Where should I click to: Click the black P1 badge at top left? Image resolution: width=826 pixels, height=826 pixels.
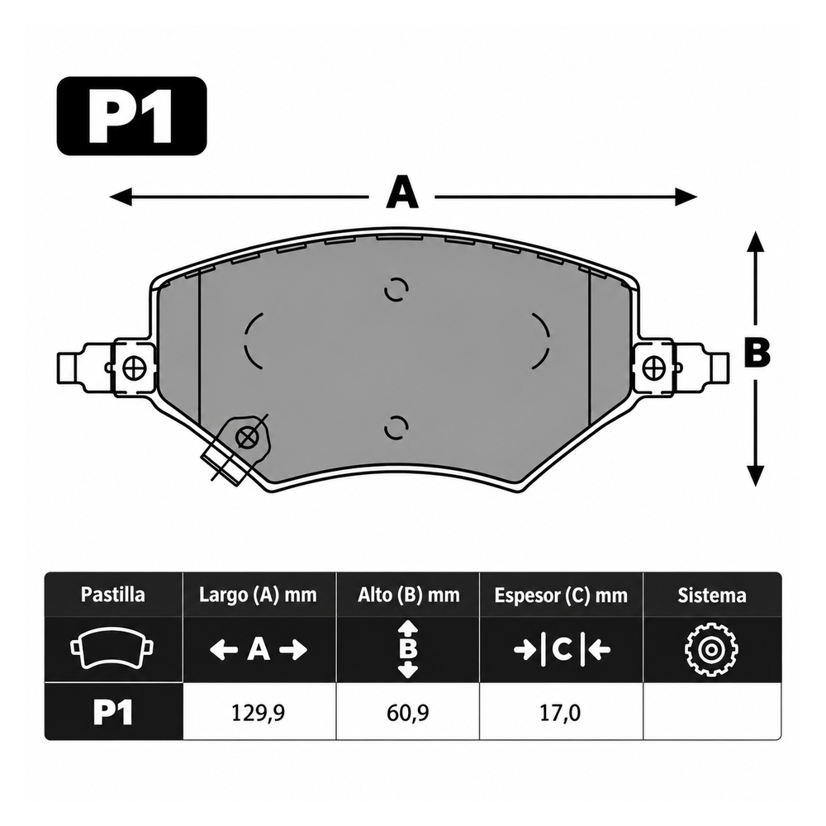pyautogui.click(x=131, y=116)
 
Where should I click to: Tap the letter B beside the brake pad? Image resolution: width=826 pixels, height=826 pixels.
pyautogui.click(x=757, y=352)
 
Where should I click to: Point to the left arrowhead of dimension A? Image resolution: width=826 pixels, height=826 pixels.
pyautogui.click(x=120, y=197)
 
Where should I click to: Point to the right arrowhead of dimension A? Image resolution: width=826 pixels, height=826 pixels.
pyautogui.click(x=686, y=197)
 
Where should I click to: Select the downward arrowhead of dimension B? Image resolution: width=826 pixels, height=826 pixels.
pyautogui.click(x=756, y=475)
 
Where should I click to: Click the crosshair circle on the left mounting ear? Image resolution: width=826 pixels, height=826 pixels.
pyautogui.click(x=134, y=368)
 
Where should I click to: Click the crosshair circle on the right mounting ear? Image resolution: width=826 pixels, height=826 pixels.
pyautogui.click(x=654, y=368)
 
